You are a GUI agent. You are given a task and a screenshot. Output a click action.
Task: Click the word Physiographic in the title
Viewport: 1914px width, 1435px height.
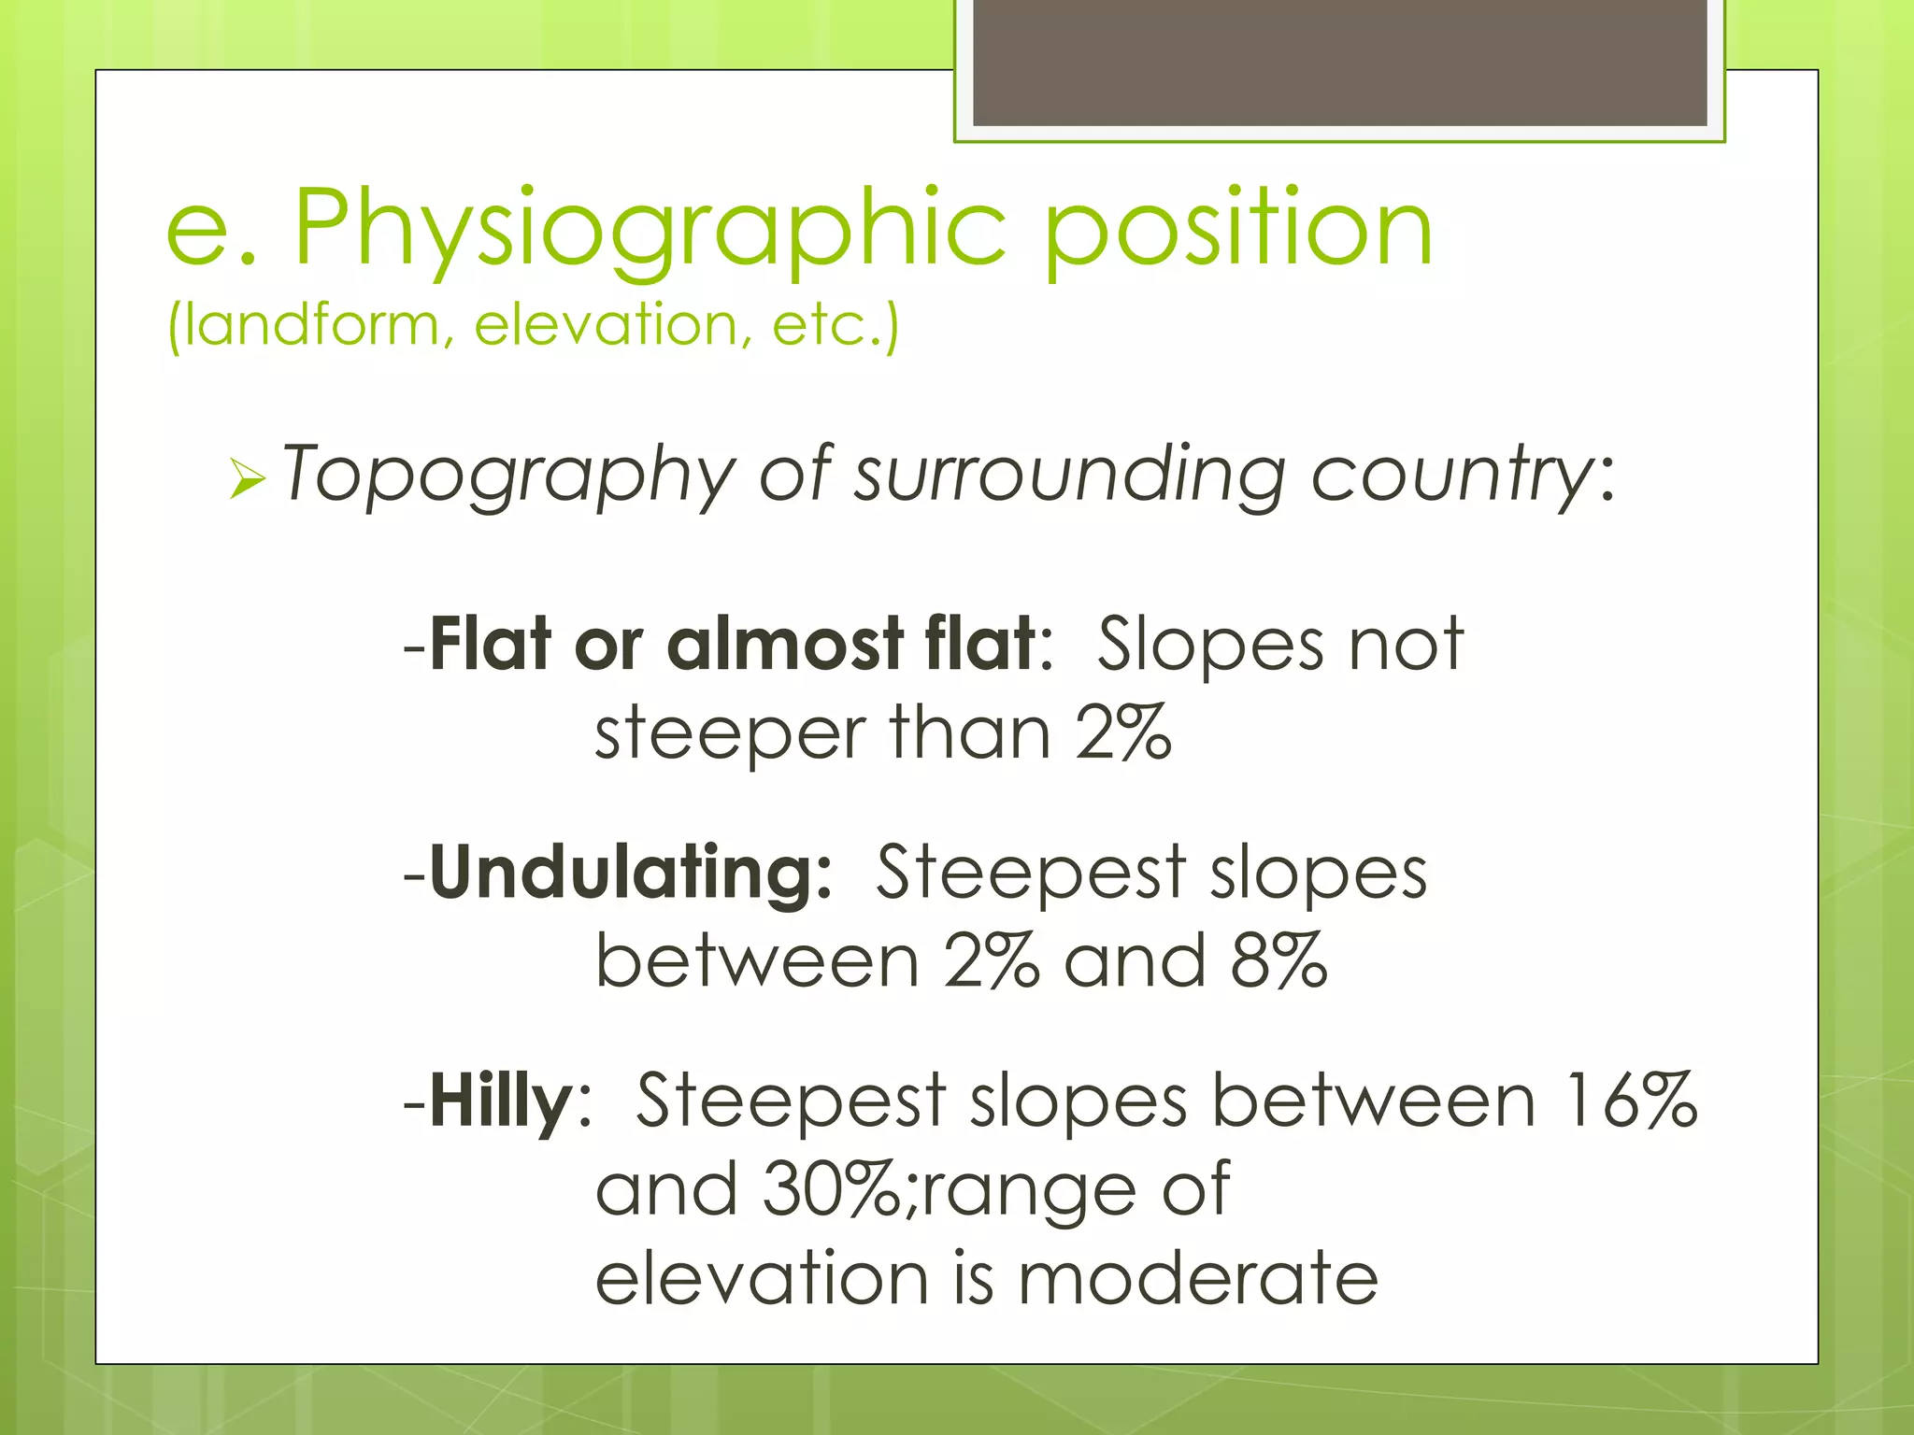650,229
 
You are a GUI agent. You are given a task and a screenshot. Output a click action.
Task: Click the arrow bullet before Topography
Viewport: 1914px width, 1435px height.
247,480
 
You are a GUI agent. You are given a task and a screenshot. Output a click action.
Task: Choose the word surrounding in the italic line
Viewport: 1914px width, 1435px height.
1070,475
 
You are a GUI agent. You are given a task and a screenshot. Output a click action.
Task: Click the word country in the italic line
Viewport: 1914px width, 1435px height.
1454,475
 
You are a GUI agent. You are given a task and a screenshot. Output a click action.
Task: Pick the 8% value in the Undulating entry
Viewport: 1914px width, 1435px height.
1278,961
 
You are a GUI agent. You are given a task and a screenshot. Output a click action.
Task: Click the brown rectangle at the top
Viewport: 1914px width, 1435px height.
1339,62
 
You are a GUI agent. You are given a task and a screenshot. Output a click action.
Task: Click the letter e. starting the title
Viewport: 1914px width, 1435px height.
211,229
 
